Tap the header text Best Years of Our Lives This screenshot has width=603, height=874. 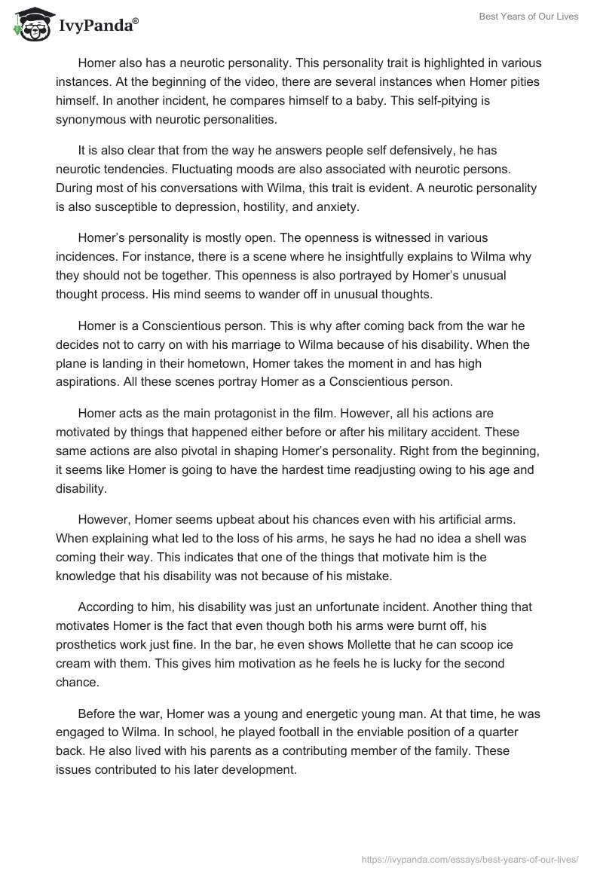531,17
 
